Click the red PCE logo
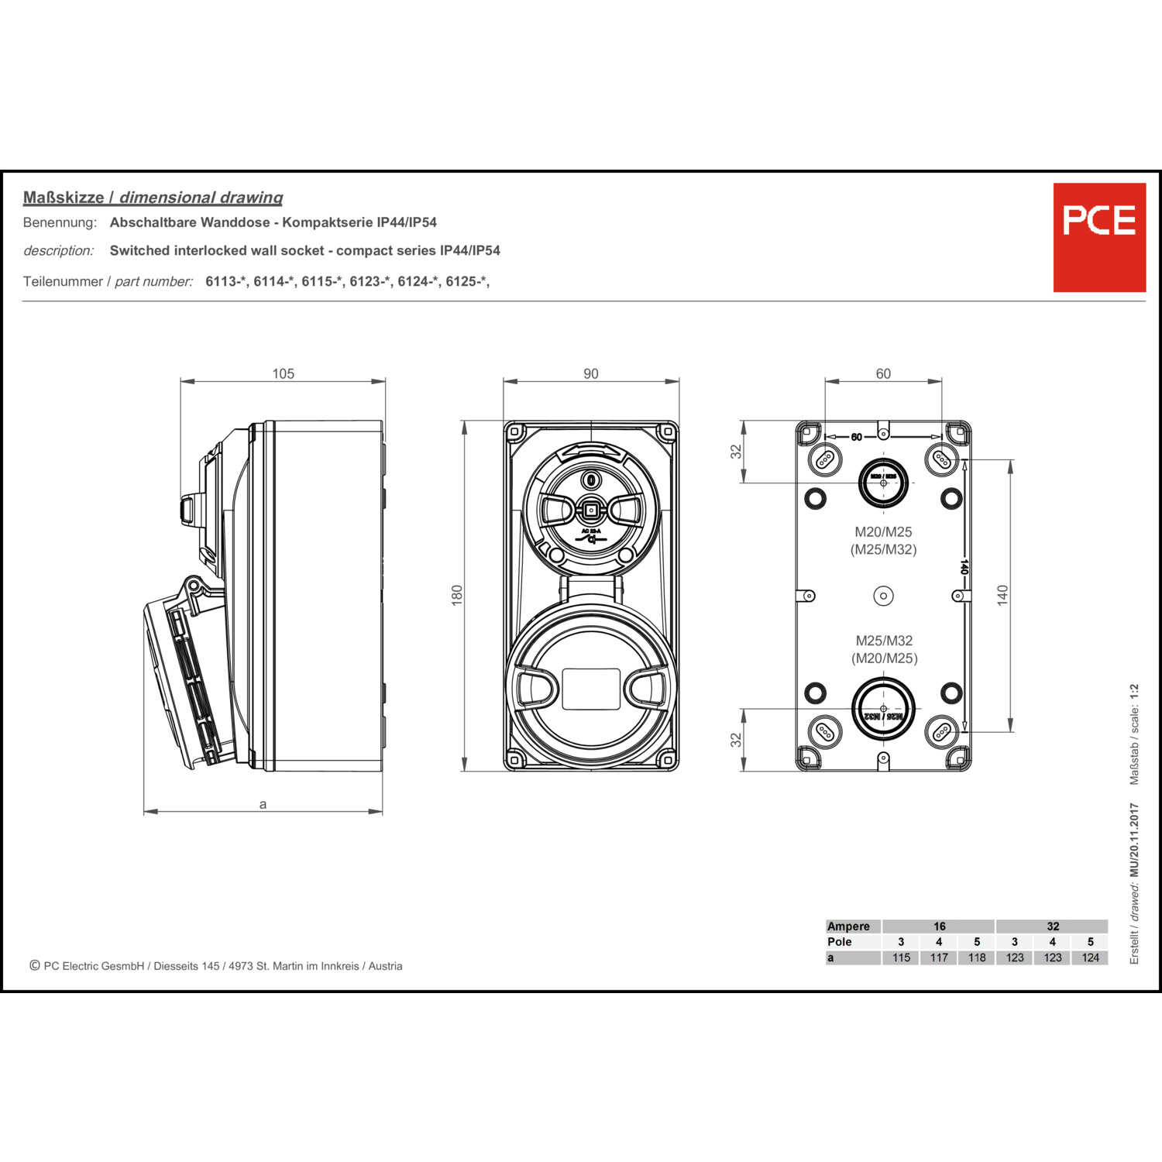pyautogui.click(x=1098, y=237)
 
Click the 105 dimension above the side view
pyautogui.click(x=283, y=374)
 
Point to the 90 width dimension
pyautogui.click(x=591, y=374)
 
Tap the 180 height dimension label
pyautogui.click(x=457, y=595)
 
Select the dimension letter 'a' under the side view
pyautogui.click(x=263, y=804)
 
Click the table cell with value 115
pyautogui.click(x=901, y=957)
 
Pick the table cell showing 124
pyautogui.click(x=1090, y=957)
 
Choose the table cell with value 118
pyautogui.click(x=977, y=957)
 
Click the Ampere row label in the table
pyautogui.click(x=848, y=927)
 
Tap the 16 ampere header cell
pyautogui.click(x=939, y=927)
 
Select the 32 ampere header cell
pyautogui.click(x=1053, y=927)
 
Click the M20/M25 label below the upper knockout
pyautogui.click(x=883, y=532)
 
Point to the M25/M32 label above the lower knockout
pyautogui.click(x=884, y=641)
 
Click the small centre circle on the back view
pyautogui.click(x=883, y=596)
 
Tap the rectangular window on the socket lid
pyautogui.click(x=590, y=689)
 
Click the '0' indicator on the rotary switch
pyautogui.click(x=591, y=480)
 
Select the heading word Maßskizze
pyautogui.click(x=64, y=198)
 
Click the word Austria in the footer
pyautogui.click(x=385, y=966)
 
